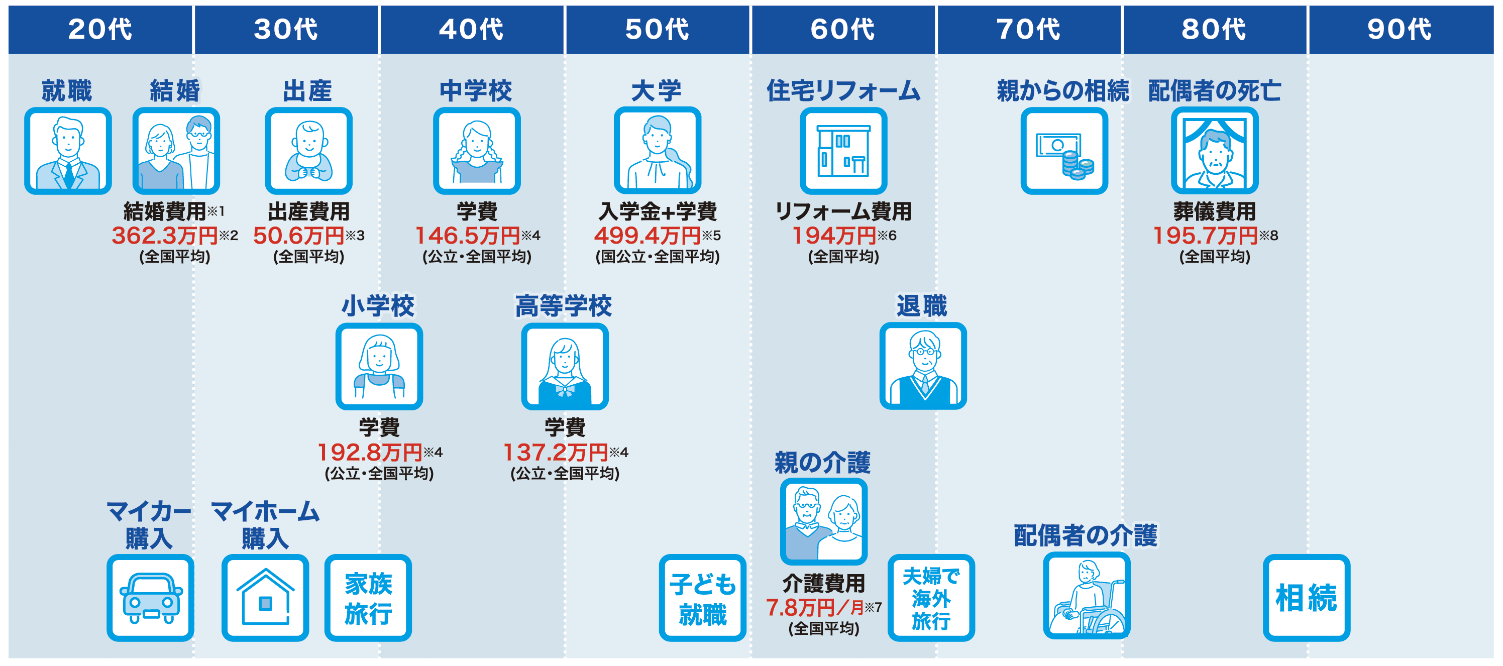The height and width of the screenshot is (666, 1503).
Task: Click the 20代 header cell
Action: point(100,29)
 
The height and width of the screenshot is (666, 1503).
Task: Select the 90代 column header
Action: point(1400,29)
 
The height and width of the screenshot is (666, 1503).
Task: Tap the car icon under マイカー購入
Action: point(151,598)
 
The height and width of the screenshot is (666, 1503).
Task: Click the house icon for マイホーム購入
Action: point(265,598)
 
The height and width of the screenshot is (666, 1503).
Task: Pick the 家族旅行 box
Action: point(368,598)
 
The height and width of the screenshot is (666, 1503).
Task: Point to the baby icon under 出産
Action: point(308,151)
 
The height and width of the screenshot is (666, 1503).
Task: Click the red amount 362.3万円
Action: point(165,236)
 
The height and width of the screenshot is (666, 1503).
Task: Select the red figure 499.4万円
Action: point(647,236)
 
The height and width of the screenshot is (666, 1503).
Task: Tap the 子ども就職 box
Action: point(702,598)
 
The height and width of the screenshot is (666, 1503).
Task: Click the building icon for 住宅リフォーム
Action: point(843,151)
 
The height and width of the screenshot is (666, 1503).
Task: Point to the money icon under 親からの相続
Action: point(1064,151)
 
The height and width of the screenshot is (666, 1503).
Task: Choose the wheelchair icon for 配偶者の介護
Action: point(1087,596)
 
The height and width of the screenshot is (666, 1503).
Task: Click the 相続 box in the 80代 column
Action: point(1307,598)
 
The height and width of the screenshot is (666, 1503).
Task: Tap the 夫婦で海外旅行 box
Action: point(931,598)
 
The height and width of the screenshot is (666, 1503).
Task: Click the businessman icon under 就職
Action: point(68,151)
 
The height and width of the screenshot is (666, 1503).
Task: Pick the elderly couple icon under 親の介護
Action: point(824,521)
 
